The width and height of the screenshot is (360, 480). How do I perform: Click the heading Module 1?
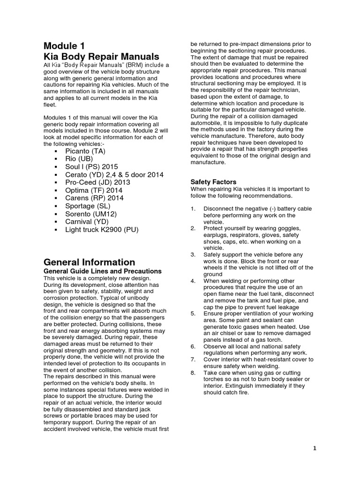64,46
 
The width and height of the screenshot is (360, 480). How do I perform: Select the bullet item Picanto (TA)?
86,151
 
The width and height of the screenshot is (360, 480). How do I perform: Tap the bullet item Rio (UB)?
80,159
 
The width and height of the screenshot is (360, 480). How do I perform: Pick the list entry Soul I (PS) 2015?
91,166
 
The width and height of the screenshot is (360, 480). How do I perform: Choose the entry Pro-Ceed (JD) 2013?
97,182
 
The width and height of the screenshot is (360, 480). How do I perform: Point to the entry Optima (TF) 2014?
93,190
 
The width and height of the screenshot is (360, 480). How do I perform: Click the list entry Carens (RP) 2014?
94,198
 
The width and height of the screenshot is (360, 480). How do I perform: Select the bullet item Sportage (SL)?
88,206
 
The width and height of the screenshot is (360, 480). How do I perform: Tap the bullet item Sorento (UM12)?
91,214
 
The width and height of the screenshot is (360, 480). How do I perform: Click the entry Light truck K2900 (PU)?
102,230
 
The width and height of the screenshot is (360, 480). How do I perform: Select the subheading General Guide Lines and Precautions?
102,271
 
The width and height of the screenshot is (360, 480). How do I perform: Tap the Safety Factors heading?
213,181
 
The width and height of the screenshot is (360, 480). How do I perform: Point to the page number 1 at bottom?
315,448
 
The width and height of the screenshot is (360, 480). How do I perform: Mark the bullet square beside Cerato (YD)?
56,175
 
